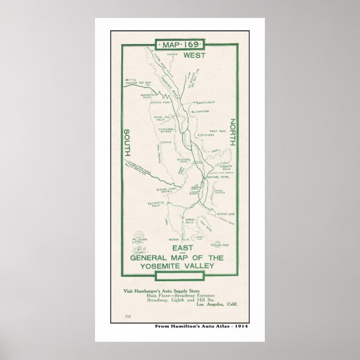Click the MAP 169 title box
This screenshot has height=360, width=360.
(x=180, y=44)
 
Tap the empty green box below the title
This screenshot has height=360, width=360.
(x=179, y=277)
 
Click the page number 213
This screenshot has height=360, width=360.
(x=130, y=317)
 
